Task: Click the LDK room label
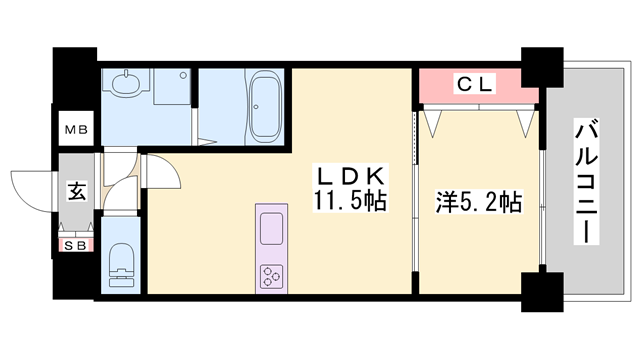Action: (x=351, y=176)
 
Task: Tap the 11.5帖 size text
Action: (x=351, y=200)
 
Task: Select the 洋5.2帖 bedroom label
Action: (x=479, y=202)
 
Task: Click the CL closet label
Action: (x=475, y=84)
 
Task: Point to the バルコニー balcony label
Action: (x=587, y=181)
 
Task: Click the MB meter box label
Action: (x=76, y=130)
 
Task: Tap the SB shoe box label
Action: (x=76, y=245)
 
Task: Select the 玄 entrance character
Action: (x=77, y=191)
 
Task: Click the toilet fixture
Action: (x=121, y=265)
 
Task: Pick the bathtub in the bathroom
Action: (x=265, y=107)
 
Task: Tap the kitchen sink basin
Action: (x=271, y=229)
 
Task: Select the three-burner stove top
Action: (x=271, y=276)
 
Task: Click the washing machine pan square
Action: (x=172, y=86)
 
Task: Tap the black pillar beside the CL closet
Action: (x=542, y=67)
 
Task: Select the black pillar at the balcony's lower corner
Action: (x=542, y=292)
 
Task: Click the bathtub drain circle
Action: (x=256, y=107)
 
